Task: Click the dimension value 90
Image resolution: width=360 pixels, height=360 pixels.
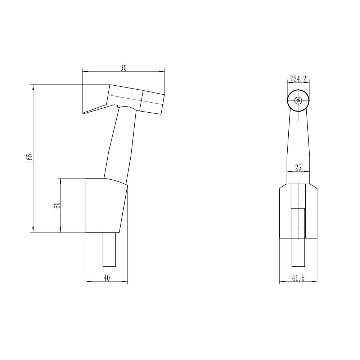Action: coord(123,68)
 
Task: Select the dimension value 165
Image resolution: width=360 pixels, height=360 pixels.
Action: coord(30,158)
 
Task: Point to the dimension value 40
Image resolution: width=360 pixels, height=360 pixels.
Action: coord(107,278)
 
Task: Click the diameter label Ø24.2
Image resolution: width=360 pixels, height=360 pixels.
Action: coord(298,79)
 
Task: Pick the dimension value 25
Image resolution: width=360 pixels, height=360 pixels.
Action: coord(298,168)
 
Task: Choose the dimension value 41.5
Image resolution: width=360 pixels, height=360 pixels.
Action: coord(298,278)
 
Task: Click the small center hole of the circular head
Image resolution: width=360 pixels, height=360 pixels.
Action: coord(298,100)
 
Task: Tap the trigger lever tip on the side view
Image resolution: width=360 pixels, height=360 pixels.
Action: coord(83,113)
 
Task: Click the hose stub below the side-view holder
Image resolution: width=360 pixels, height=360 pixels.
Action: coord(109,249)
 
